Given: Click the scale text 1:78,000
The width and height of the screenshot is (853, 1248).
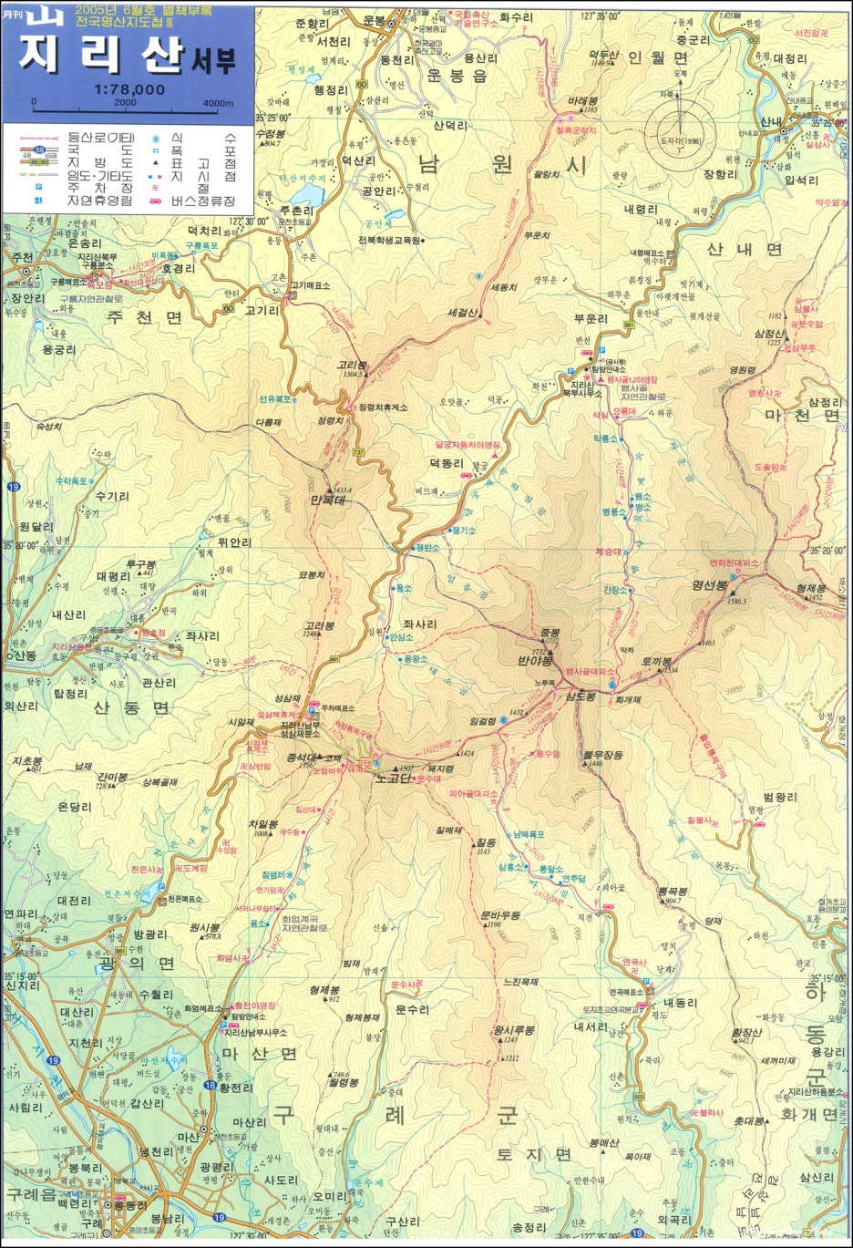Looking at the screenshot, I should click(x=128, y=89).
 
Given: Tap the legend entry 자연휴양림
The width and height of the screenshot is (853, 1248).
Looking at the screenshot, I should click(x=99, y=200).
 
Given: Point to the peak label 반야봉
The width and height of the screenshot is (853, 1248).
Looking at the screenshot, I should click(x=536, y=660).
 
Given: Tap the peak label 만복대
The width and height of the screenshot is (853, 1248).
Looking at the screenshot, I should click(x=331, y=500).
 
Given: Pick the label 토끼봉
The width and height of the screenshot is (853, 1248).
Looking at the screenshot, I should click(x=656, y=661).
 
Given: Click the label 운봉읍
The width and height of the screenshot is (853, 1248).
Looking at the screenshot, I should click(x=457, y=76).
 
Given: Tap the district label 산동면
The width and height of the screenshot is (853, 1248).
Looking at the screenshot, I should click(x=131, y=707).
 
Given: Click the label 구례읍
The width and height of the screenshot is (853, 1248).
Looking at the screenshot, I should click(x=30, y=1194).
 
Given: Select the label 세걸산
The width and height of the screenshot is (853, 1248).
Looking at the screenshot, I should click(x=463, y=313).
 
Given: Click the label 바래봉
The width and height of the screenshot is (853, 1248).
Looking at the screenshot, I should click(x=582, y=100).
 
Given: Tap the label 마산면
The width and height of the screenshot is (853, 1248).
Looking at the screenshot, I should click(x=260, y=1053).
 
